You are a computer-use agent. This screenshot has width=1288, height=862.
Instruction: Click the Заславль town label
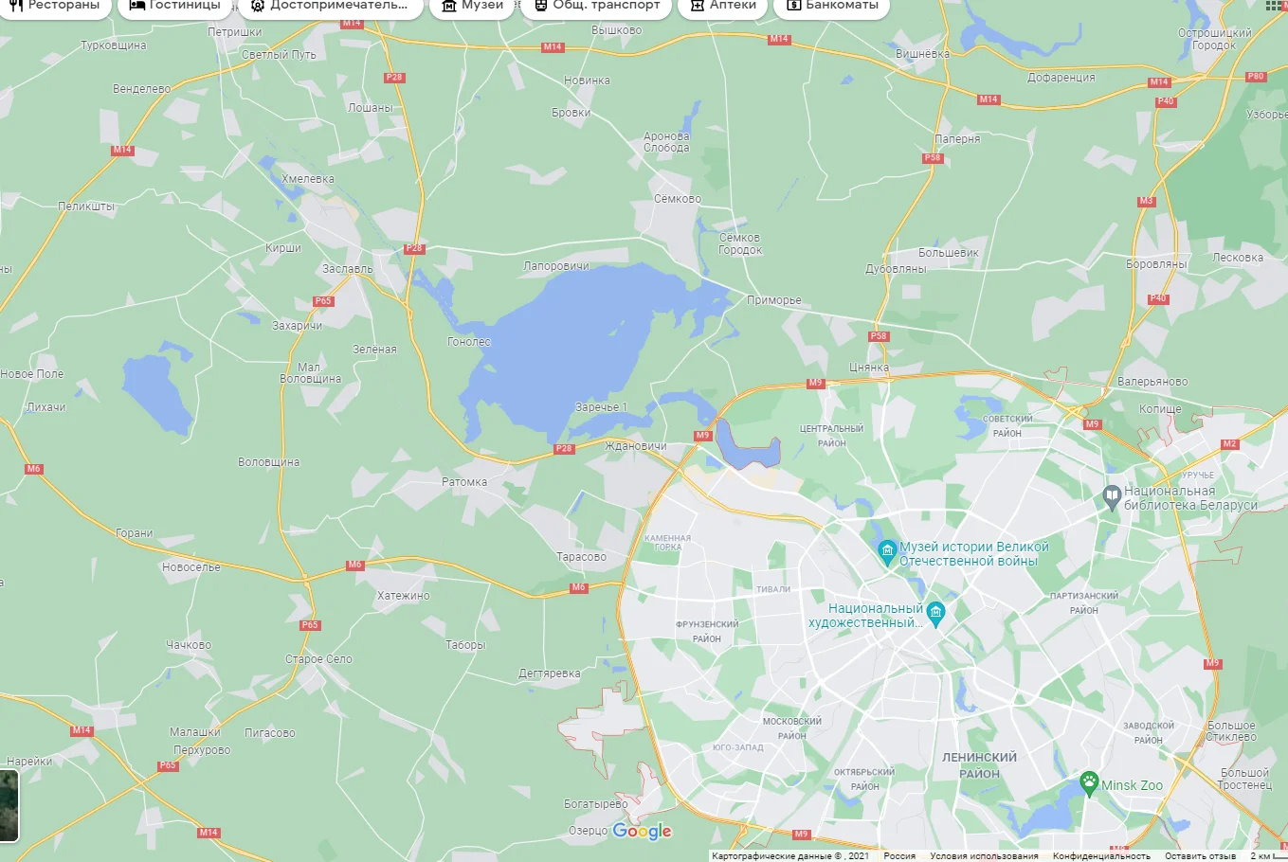click(347, 269)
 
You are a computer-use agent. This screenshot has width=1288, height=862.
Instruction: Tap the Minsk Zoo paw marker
click(1089, 783)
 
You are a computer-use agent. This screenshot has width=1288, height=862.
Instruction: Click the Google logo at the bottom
click(642, 831)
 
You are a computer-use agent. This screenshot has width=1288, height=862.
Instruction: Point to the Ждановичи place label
click(635, 446)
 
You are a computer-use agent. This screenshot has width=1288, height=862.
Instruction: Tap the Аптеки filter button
click(723, 6)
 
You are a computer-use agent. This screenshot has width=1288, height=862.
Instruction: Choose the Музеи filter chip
click(472, 6)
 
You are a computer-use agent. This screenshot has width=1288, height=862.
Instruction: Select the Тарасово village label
click(581, 557)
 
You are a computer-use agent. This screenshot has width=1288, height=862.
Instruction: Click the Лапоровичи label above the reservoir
click(556, 266)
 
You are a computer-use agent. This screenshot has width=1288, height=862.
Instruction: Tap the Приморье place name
click(773, 300)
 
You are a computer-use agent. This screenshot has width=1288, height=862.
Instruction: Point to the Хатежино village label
click(403, 596)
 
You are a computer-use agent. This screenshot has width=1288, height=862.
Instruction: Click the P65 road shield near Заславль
click(323, 301)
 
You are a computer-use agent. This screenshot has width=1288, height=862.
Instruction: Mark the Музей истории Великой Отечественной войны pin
click(887, 551)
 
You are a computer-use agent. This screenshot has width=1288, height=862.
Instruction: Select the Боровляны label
click(1155, 264)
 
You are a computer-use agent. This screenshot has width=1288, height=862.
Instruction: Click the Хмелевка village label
click(308, 179)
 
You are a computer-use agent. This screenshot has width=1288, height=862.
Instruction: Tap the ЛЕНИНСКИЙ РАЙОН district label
click(979, 765)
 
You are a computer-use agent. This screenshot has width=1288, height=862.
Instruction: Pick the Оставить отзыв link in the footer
click(1200, 856)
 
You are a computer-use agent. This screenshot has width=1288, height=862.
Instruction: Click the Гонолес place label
click(469, 342)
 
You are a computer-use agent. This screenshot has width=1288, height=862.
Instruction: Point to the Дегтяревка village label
click(550, 673)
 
